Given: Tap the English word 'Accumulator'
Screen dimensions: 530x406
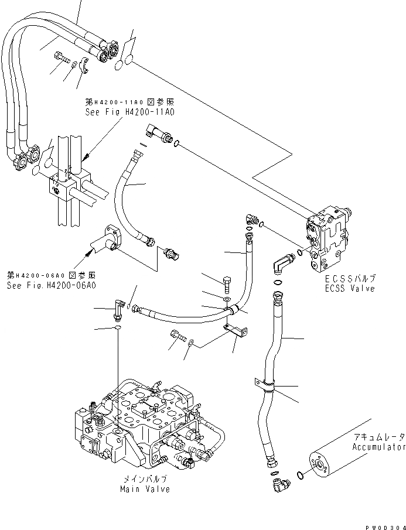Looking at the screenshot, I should tap(378, 447).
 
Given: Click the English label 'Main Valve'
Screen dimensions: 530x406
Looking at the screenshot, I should tap(145, 489).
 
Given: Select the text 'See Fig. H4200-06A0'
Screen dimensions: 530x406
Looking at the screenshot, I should tap(52, 285).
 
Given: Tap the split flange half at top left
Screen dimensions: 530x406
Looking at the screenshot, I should tap(83, 67).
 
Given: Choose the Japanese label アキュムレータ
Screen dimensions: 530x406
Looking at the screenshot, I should tap(378, 437).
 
